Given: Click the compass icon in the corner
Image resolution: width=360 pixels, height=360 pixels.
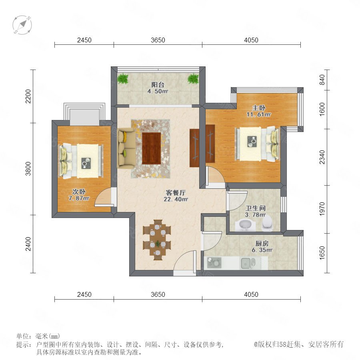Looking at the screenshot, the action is pos(22,25).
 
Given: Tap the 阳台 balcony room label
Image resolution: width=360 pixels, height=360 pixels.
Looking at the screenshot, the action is pos(158,85).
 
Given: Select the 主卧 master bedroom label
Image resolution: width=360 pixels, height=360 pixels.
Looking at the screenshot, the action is pos(259,108).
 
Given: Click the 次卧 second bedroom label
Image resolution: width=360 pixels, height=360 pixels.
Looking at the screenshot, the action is pos(79,192).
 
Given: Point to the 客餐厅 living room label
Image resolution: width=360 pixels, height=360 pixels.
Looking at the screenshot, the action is pos(176,193).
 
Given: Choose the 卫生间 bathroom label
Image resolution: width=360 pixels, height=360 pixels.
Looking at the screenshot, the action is pos(256,208).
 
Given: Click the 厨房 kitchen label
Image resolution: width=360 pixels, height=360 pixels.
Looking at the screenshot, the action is pos(262,243).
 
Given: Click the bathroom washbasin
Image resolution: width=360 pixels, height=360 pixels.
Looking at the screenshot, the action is pos(245,225).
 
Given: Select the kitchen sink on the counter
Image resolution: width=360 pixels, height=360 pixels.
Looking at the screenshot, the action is pos(248,263).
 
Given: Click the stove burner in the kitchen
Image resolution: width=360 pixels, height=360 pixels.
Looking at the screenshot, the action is pos(214,263).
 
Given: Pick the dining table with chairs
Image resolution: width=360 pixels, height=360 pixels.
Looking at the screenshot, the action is pos(157,240).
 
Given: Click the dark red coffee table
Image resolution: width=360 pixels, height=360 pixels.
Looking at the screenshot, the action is pos(151,148).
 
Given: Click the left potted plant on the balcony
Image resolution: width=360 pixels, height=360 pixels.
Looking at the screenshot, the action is pos(123,78).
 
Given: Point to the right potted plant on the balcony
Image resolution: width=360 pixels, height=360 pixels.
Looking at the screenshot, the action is pos(193,78).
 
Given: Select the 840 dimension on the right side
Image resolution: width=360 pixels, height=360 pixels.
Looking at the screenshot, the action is pos(322,80).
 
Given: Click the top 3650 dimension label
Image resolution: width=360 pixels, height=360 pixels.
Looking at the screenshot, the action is pos(158,40).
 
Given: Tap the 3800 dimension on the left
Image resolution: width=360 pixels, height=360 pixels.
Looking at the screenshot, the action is pos(28,169).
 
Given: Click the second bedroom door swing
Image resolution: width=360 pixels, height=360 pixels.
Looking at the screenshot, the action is pos(103,196).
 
